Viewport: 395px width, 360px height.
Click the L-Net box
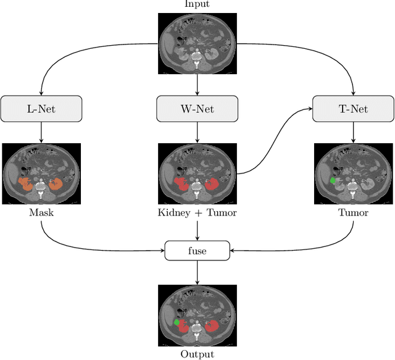pyautogui.click(x=41, y=109)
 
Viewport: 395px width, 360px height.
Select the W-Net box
pyautogui.click(x=197, y=109)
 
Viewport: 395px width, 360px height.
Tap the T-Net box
pyautogui.click(x=353, y=109)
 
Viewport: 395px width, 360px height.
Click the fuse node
pyautogui.click(x=197, y=251)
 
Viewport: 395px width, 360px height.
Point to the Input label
pyautogui.click(x=197, y=4)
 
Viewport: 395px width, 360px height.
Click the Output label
pyautogui.click(x=197, y=354)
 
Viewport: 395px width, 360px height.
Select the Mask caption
pyautogui.click(x=41, y=213)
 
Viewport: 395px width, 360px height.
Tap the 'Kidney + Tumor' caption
pyautogui.click(x=197, y=213)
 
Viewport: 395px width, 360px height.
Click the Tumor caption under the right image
pyautogui.click(x=353, y=213)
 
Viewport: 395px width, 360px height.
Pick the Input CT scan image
pyautogui.click(x=197, y=43)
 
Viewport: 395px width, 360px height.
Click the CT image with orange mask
pyautogui.click(x=41, y=175)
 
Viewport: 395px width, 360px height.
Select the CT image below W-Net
pyautogui.click(x=197, y=175)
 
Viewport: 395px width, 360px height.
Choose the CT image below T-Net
pyautogui.click(x=353, y=175)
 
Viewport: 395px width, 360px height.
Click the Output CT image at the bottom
pyautogui.click(x=197, y=316)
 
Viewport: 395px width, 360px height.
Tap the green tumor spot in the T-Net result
pyautogui.click(x=333, y=181)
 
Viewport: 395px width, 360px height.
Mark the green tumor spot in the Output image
pyautogui.click(x=177, y=322)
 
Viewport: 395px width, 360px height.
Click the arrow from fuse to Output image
pyautogui.click(x=197, y=272)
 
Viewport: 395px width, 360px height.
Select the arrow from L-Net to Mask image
pyautogui.click(x=41, y=132)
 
